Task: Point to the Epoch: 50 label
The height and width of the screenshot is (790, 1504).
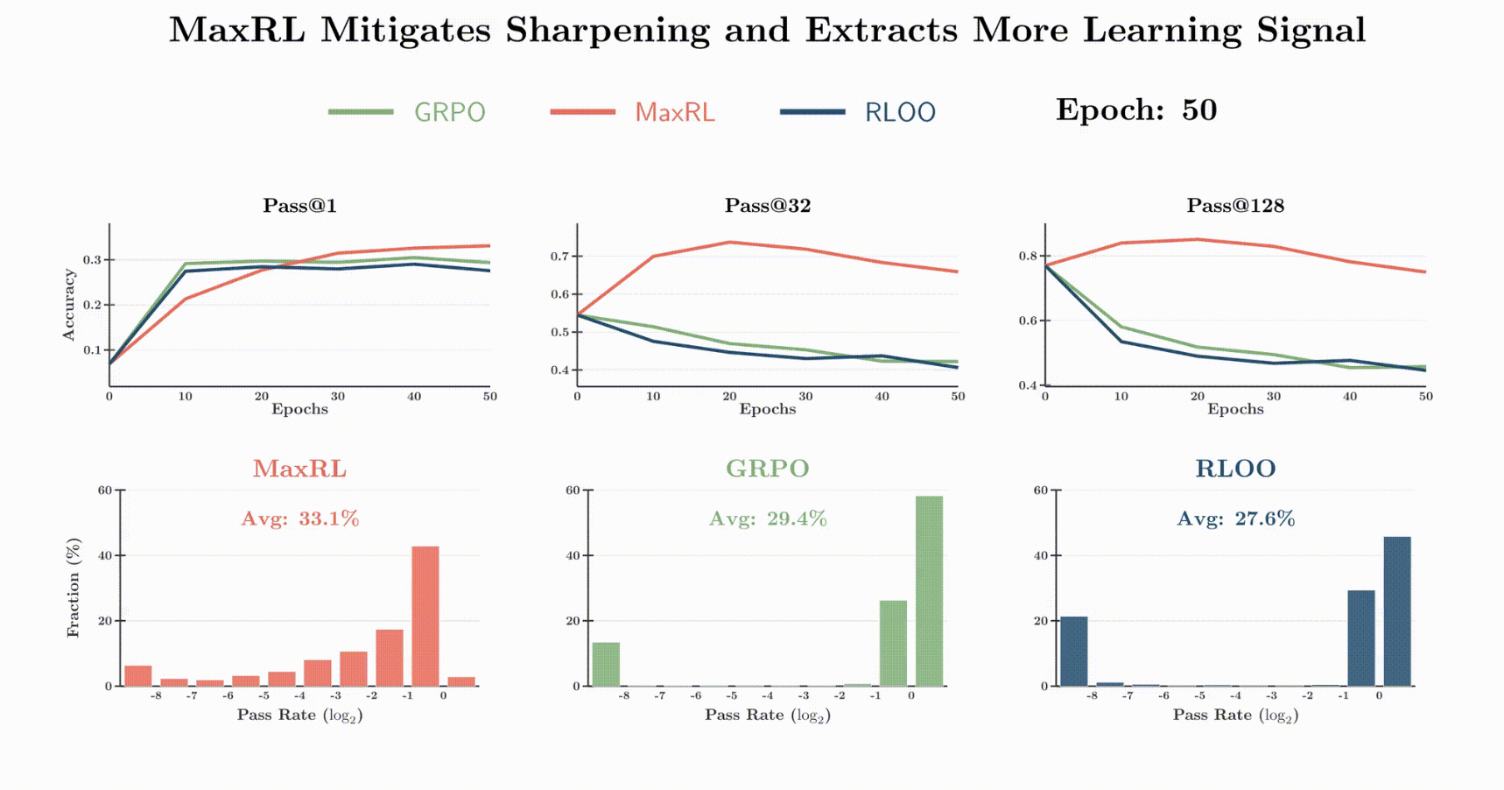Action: click(1135, 110)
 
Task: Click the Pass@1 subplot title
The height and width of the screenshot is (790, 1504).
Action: click(299, 206)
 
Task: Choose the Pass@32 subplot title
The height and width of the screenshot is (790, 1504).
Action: click(768, 206)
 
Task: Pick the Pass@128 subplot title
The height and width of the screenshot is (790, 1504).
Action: click(1235, 206)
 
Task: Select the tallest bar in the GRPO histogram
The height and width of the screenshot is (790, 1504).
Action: click(929, 591)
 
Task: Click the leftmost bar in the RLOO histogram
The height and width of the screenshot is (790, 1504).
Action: click(1074, 651)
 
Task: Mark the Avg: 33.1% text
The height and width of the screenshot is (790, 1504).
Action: click(300, 518)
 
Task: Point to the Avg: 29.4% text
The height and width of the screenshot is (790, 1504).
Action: click(768, 518)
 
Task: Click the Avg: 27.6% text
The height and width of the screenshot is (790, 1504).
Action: click(1235, 518)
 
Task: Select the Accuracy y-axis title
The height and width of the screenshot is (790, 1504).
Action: click(69, 304)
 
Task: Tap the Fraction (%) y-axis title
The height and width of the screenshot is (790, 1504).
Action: click(73, 588)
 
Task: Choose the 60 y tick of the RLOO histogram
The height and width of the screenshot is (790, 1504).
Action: click(1041, 490)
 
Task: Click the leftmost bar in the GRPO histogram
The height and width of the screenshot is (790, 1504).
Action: click(606, 664)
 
